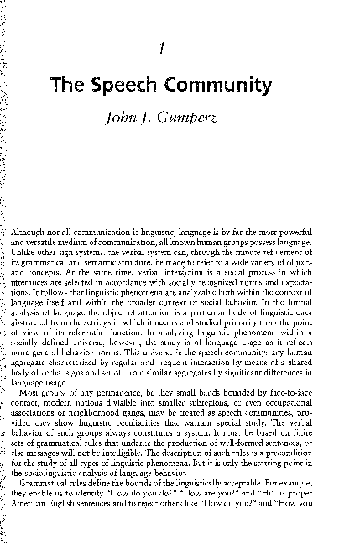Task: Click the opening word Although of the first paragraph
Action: [x=36, y=229]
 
